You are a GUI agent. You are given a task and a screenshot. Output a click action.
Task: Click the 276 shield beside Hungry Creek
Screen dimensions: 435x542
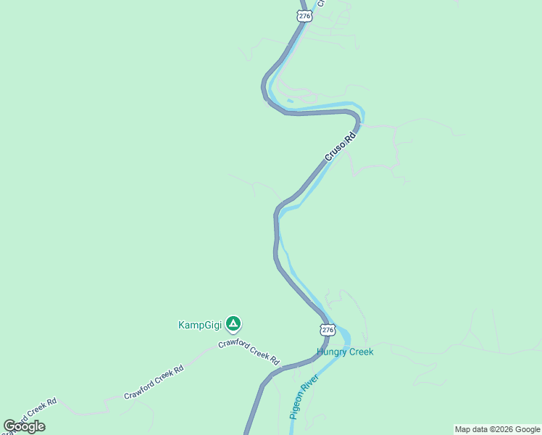[x=328, y=330]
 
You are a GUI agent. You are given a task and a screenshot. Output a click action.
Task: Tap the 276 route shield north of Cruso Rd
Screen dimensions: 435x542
[x=305, y=15]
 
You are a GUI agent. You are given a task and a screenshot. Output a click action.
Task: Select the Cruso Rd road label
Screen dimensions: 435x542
[x=341, y=145]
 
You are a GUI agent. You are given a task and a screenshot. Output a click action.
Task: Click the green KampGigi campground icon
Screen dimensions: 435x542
[x=233, y=323]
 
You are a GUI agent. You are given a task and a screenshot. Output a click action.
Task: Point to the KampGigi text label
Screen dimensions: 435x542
[x=199, y=325]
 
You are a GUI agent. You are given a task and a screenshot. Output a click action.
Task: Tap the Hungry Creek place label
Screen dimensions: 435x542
[x=345, y=352]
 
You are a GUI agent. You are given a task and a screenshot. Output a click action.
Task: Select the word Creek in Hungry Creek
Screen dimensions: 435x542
[x=361, y=352]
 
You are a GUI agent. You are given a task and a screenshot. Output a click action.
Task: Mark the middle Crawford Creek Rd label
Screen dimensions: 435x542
[x=154, y=382]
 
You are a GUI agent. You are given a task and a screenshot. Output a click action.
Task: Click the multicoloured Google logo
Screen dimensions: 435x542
[x=24, y=426]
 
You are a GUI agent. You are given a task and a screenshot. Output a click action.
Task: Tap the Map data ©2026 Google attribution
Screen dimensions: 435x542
[x=497, y=429]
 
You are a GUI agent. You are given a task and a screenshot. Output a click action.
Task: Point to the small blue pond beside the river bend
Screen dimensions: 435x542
[x=291, y=101]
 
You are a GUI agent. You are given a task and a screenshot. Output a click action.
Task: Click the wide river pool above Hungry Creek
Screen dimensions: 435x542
[x=343, y=337]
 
